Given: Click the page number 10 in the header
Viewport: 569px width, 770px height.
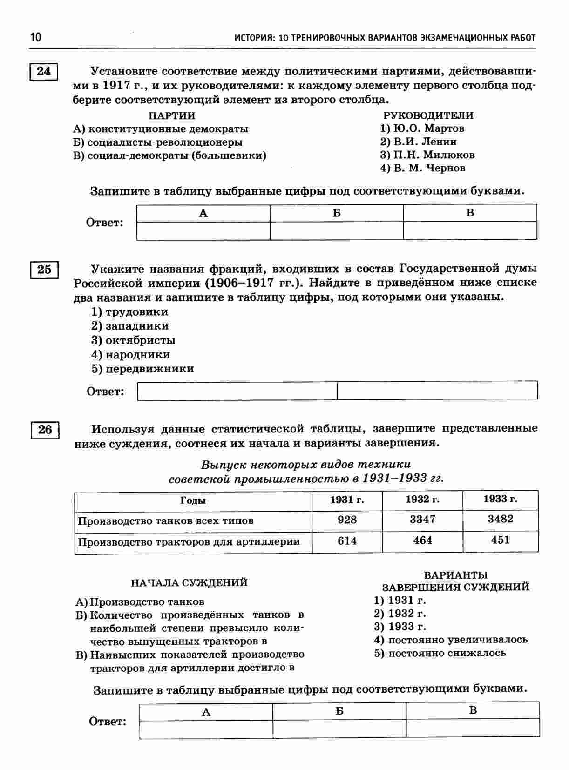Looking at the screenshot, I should coord(36,37).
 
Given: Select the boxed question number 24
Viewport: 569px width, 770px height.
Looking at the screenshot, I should coord(44,72).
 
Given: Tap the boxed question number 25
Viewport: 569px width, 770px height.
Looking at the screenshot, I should coord(44,270).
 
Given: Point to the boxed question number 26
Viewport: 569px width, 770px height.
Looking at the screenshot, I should coord(45,429).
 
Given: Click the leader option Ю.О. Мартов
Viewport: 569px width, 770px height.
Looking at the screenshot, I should coord(422,128).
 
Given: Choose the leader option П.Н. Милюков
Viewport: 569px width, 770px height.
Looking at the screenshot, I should coord(427,155).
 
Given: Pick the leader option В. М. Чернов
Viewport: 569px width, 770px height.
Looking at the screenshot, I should coord(423,169).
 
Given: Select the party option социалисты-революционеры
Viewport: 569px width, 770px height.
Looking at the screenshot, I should coord(158,142).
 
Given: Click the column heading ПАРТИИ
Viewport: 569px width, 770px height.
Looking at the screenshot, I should coord(172,115).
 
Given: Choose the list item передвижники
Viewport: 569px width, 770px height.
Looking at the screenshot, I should coord(142,369).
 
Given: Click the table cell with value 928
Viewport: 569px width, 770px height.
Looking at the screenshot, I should coord(347,520).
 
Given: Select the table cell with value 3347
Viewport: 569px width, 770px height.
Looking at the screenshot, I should coord(422,519).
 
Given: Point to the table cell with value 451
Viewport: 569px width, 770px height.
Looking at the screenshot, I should coord(500,540).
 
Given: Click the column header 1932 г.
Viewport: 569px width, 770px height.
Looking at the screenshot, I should coord(422,500).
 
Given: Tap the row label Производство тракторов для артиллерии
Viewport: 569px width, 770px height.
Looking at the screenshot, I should coord(189,542).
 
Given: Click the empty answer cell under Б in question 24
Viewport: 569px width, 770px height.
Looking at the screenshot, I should coord(337,230).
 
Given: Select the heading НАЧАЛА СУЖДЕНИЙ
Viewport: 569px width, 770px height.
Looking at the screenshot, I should coord(189,583).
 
